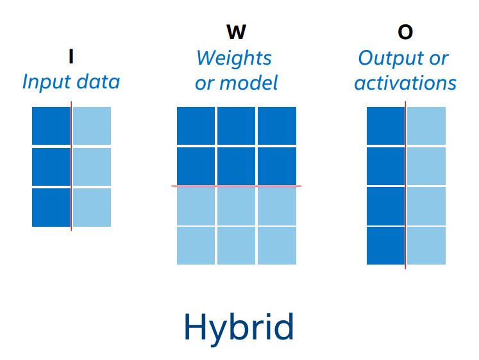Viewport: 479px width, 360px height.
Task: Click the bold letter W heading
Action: [x=236, y=32]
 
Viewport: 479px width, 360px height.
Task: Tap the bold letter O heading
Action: [x=405, y=32]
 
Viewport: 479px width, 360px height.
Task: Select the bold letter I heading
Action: [x=71, y=56]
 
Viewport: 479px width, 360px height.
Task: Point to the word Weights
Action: [x=234, y=58]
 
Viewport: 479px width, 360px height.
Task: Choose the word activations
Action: [x=405, y=83]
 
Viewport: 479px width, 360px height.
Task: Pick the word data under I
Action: [x=98, y=83]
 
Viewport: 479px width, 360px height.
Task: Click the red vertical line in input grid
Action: [x=71, y=167]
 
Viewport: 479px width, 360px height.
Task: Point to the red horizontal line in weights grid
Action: [x=236, y=186]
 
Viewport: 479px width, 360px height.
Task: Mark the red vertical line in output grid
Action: [x=406, y=185]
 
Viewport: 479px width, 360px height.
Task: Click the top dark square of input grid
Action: [x=51, y=126]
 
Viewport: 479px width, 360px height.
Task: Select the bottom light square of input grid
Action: [x=92, y=208]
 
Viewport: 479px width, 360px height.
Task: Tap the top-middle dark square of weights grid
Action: [x=236, y=126]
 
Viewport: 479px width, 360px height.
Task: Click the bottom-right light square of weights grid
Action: [x=277, y=245]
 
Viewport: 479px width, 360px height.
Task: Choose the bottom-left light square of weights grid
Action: [x=196, y=245]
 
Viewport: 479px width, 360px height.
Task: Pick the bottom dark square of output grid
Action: [x=386, y=245]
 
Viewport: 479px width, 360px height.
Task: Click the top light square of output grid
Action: [x=426, y=126]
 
